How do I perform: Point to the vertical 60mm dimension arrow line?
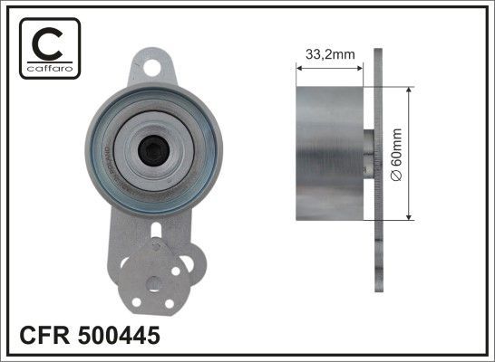(410, 154)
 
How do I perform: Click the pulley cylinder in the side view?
(329, 154)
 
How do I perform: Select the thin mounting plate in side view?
(378, 172)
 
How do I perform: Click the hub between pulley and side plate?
(367, 154)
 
